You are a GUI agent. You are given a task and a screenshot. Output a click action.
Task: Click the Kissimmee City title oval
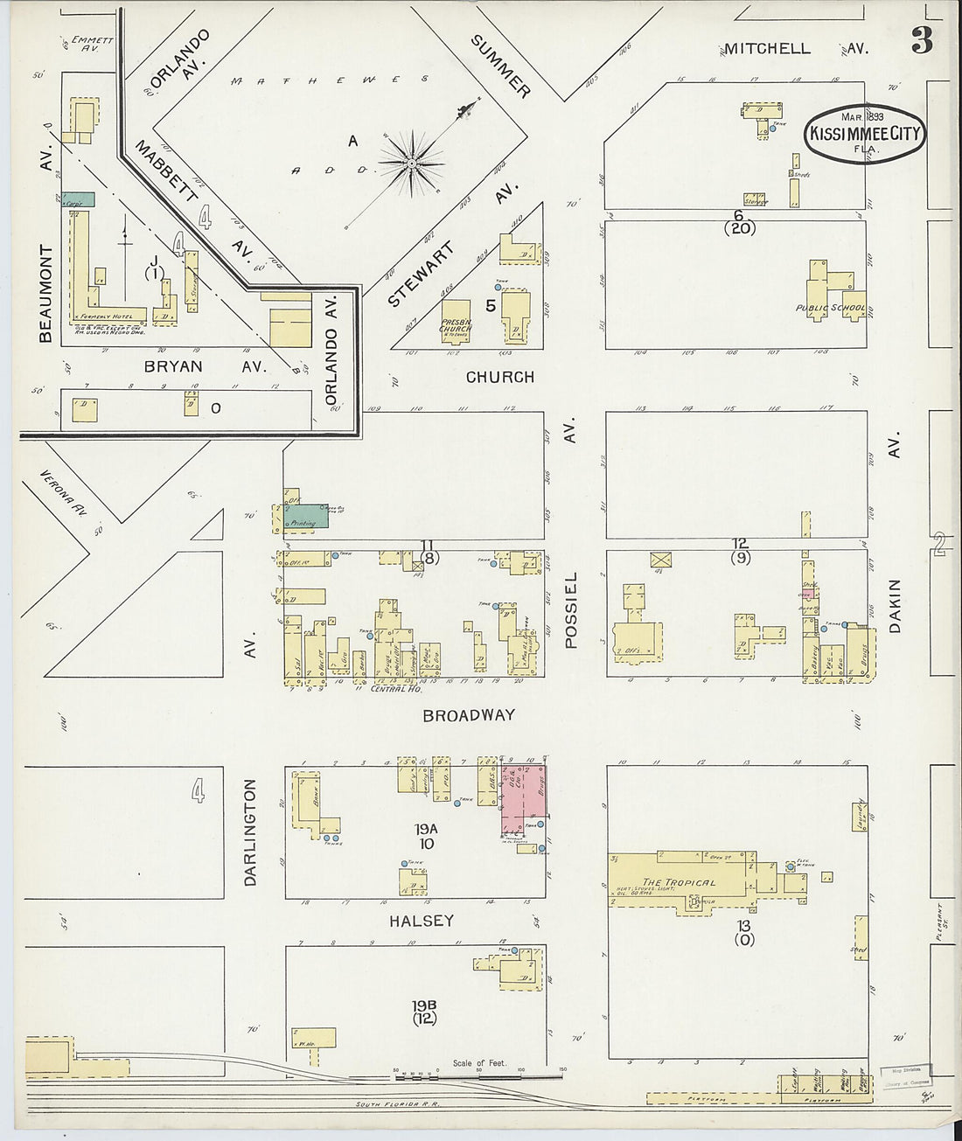[x=864, y=134]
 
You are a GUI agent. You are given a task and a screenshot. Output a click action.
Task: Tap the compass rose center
[x=411, y=163]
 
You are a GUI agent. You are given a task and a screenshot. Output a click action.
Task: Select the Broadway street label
[x=469, y=715]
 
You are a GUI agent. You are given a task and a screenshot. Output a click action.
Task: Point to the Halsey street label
[x=422, y=921]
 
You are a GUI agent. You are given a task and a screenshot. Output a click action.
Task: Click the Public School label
[x=830, y=308]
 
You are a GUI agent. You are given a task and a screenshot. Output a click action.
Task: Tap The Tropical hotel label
[x=679, y=881]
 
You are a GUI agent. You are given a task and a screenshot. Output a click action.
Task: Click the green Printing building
[x=304, y=517]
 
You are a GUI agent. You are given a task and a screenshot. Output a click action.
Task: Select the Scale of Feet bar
[x=479, y=1071]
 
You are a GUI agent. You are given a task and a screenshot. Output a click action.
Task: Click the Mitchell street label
[x=766, y=49]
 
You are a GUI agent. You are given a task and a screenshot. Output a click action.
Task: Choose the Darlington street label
[x=251, y=832]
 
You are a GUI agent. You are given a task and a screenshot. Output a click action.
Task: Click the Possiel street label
[x=572, y=609]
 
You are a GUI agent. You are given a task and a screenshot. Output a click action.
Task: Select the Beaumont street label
[x=45, y=294]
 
